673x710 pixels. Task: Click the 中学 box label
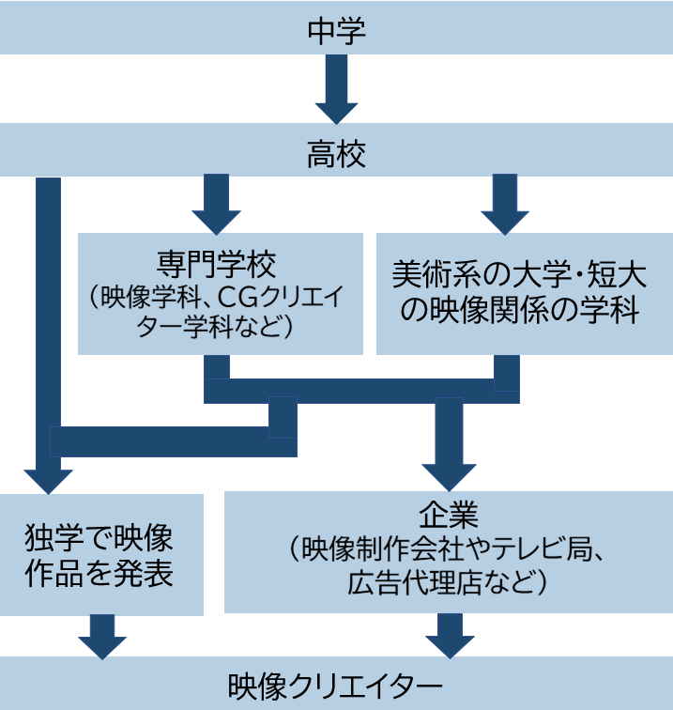(336, 31)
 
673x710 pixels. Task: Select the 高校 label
(336, 152)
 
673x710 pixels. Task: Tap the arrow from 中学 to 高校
(336, 89)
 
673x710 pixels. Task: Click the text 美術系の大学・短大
(524, 275)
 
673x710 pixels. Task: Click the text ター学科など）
(218, 328)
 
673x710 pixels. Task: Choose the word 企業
(448, 515)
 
